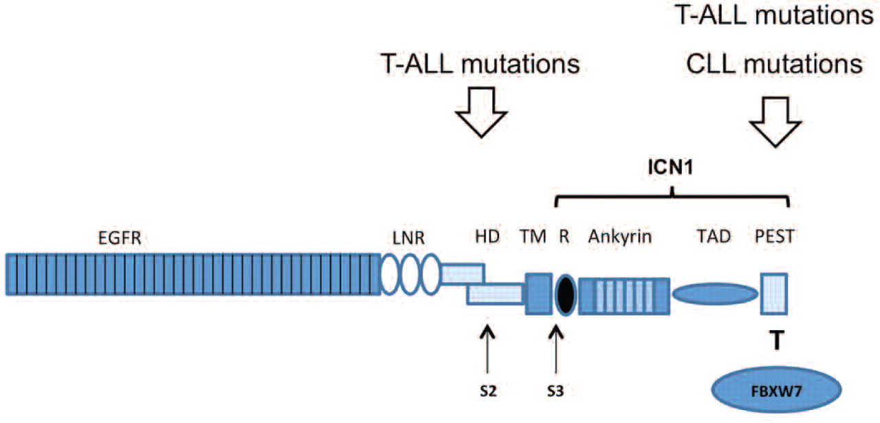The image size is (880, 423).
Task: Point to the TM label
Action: pyautogui.click(x=533, y=237)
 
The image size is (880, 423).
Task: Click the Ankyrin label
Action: pyautogui.click(x=619, y=237)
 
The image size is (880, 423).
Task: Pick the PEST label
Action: pyautogui.click(x=774, y=237)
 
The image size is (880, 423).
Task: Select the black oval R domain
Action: pyautogui.click(x=564, y=294)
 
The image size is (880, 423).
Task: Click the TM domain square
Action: pyautogui.click(x=538, y=294)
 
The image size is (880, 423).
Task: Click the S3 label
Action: pyautogui.click(x=557, y=392)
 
